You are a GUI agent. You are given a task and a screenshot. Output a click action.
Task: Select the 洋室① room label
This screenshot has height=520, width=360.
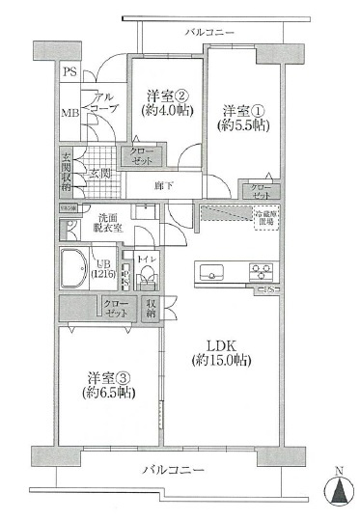click(x=241, y=109)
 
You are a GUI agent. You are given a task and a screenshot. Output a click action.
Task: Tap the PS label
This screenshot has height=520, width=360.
click(x=69, y=73)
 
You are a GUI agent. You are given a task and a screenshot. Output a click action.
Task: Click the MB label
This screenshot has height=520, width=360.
click(x=69, y=112)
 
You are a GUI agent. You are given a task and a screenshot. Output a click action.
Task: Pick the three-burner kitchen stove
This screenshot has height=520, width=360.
click(x=261, y=270)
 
